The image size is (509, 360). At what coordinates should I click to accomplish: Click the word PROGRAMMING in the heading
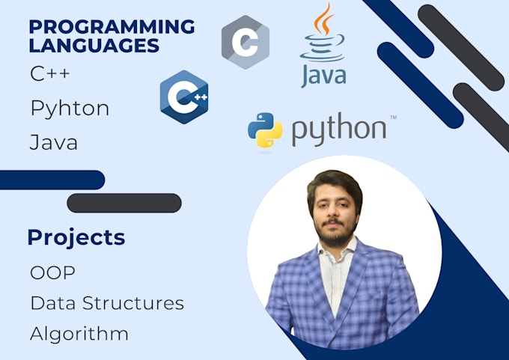coord(112,26)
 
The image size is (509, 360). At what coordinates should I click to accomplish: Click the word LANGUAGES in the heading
coord(94,45)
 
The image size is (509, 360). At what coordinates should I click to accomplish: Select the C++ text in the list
coord(50,73)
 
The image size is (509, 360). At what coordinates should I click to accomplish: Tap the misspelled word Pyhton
coord(70,109)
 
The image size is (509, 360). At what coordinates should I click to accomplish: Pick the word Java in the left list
coord(54,142)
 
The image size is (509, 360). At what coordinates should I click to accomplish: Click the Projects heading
coord(76,237)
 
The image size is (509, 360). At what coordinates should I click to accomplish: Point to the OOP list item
coord(52,272)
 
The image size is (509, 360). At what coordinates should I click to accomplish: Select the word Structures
coord(133,303)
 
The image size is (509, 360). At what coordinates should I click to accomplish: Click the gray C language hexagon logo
coord(246,42)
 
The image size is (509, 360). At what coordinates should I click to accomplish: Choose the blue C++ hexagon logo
coord(184,97)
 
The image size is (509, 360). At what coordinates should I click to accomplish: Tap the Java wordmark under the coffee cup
coord(323,76)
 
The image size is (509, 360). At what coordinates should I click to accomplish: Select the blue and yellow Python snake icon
coord(265,130)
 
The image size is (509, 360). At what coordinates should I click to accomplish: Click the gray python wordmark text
coord(339,129)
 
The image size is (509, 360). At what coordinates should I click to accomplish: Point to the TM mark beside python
coord(393,118)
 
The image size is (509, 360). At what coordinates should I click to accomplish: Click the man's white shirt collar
coord(336,250)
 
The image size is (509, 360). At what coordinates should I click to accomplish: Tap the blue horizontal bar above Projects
coord(52,180)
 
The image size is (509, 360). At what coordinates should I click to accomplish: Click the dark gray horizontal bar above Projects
coord(124,204)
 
